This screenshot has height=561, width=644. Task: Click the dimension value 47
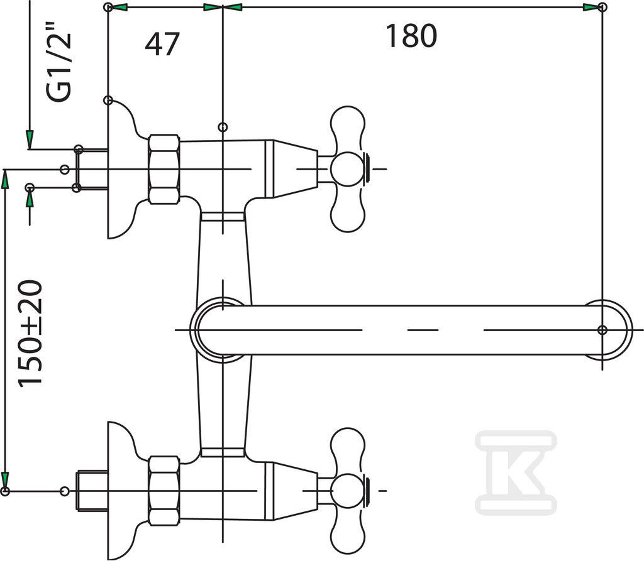tap(162, 44)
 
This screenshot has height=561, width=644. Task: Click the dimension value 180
tap(411, 36)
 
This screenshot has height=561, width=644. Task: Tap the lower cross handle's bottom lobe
tap(348, 532)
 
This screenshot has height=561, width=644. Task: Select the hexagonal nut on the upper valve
tap(164, 169)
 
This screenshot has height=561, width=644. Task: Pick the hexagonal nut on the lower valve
tap(164, 491)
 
